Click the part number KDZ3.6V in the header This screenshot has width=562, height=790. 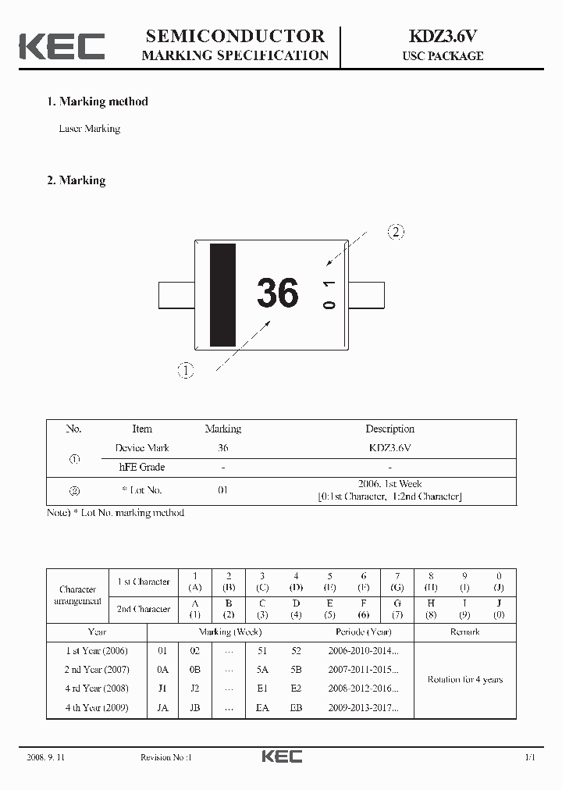(443, 36)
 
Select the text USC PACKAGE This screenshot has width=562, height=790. (443, 56)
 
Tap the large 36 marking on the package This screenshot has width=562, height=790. (277, 294)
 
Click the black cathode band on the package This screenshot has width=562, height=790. (222, 294)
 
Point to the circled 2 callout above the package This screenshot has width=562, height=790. (397, 232)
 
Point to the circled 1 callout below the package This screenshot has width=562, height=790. (186, 371)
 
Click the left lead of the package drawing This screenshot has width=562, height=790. (176, 296)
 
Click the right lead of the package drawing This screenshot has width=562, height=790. (367, 296)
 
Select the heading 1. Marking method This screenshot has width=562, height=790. (98, 101)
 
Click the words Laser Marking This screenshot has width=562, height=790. (90, 129)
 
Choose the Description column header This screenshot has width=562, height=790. (389, 429)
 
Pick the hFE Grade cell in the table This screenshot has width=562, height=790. (142, 467)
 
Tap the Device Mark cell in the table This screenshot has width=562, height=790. (142, 448)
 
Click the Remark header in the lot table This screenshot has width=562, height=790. (464, 632)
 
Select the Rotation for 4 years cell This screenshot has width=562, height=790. (464, 679)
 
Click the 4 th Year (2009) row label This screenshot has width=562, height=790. (97, 708)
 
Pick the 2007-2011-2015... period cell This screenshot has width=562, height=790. (363, 670)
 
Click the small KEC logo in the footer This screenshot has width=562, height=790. (281, 756)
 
